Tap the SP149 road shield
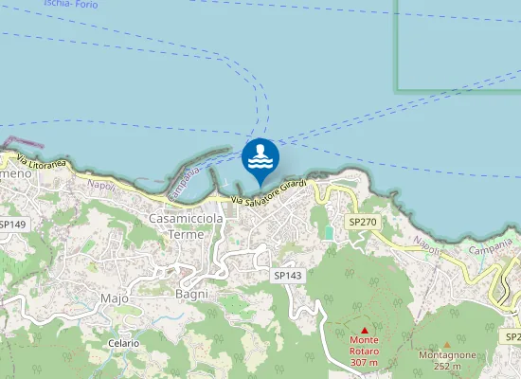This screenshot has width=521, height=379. point(12,225)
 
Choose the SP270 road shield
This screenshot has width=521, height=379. point(362,221)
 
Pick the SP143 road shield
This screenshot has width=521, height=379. point(287,275)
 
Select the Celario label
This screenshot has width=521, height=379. point(123,343)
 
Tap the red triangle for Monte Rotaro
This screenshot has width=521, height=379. point(364,330)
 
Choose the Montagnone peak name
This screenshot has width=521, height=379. point(446,356)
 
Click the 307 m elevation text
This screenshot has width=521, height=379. point(364,363)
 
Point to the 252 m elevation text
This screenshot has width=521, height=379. point(446,367)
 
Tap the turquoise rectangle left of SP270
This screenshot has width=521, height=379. point(329,232)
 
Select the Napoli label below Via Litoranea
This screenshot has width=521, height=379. point(100,185)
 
